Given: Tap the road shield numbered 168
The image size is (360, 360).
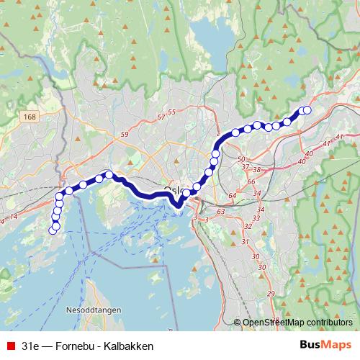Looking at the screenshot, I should pyautogui.click(x=29, y=117).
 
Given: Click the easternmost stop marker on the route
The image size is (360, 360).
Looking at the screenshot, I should pyautogui.click(x=307, y=110).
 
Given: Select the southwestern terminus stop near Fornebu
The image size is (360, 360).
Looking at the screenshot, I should pyautogui.click(x=52, y=230).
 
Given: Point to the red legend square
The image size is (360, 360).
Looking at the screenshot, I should pyautogui.click(x=9, y=346).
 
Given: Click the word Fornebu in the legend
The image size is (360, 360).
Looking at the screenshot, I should pyautogui.click(x=79, y=346).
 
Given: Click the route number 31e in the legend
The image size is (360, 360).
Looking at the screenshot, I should pyautogui.click(x=30, y=346).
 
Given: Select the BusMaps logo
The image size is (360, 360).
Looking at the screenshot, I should pyautogui.click(x=325, y=346).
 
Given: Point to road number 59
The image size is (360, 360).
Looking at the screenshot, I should pyautogui.click(x=124, y=135).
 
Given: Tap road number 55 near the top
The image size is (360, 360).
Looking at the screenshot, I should pyautogui.click(x=171, y=112).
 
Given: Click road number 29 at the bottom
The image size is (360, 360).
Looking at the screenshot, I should pyautogui.click(x=271, y=293).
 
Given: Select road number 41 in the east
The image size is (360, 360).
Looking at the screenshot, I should pyautogui.click(x=328, y=144).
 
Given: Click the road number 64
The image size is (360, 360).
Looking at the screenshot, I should pyautogui.click(x=231, y=195).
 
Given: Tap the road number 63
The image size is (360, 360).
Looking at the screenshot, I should pyautogui.click(x=220, y=212).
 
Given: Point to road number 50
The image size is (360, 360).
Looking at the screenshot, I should pyautogui.click(x=241, y=158).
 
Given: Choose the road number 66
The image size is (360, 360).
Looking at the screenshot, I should pyautogui.click(x=251, y=182).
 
